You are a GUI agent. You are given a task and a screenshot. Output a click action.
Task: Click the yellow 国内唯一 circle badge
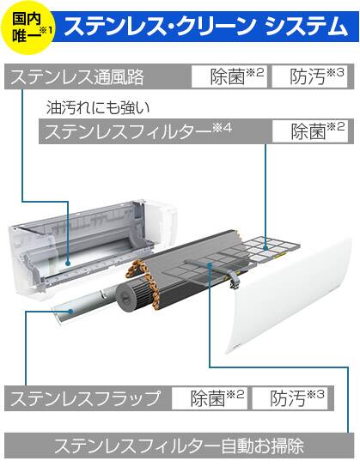pyautogui.click(x=28, y=28)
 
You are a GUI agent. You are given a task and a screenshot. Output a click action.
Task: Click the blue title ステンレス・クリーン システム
pyautogui.click(x=205, y=27)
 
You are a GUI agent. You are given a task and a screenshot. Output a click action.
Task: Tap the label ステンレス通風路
pyautogui.click(x=76, y=76)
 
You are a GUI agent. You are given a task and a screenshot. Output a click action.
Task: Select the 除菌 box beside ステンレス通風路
pyautogui.click(x=229, y=76)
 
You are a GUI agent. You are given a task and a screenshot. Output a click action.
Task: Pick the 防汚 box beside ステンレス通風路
pyautogui.click(x=309, y=76)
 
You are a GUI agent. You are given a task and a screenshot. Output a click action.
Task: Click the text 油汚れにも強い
pyautogui.click(x=98, y=108)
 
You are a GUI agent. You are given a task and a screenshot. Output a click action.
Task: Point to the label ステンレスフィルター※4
pyautogui.click(x=138, y=131)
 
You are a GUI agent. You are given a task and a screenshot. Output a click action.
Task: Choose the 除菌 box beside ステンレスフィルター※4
pyautogui.click(x=310, y=131)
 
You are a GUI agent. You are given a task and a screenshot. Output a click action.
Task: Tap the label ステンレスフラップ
pyautogui.click(x=86, y=398)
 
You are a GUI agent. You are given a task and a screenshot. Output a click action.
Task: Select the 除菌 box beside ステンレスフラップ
pyautogui.click(x=210, y=398)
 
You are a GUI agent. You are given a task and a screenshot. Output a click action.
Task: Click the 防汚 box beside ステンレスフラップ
pyautogui.click(x=290, y=398)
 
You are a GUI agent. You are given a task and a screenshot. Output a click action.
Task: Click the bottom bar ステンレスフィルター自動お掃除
pyautogui.click(x=179, y=446)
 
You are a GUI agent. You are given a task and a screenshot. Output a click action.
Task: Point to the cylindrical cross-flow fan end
pyautogui.click(x=131, y=296)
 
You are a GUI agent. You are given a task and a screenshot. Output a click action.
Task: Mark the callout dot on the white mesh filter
pyautogui.click(x=265, y=248)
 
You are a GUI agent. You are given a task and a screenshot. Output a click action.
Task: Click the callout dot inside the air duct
pyautogui.click(x=68, y=264)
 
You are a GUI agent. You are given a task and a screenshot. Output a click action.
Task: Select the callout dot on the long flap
pyautogui.click(x=70, y=312)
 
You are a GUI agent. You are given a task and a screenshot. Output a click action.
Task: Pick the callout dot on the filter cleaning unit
pyautogui.click(x=211, y=264)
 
